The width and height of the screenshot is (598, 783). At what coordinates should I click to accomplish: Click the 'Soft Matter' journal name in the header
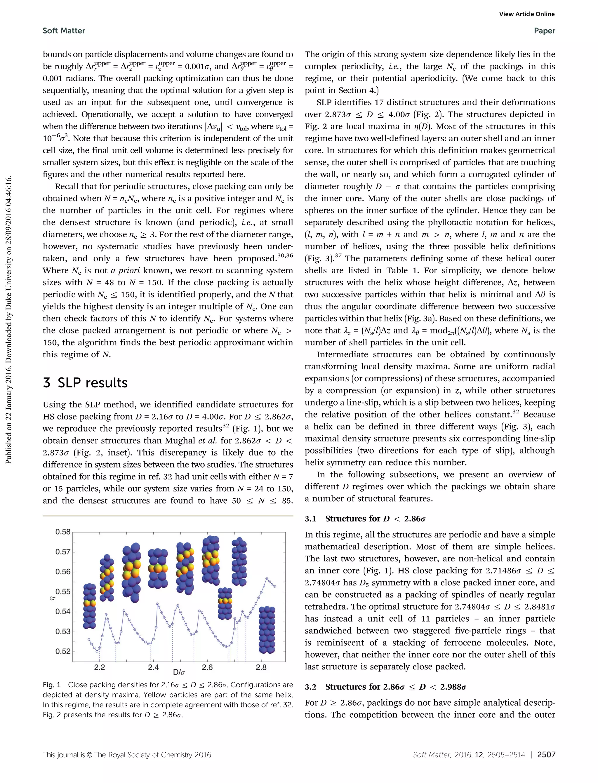point(64,31)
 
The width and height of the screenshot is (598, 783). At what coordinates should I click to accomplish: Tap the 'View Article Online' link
point(526,14)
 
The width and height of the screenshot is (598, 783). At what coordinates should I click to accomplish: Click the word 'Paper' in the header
point(544,31)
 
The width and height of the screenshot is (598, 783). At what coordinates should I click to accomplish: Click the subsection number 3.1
point(310,518)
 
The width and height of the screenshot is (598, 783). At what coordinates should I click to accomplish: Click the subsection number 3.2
point(310,687)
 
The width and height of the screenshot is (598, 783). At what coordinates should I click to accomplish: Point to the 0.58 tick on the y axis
point(63,532)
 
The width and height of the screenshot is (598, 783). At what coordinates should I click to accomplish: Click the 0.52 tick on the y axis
point(63,651)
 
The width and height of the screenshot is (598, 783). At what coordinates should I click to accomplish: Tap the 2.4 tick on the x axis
point(153,667)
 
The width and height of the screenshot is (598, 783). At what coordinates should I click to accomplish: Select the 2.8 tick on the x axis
point(261,667)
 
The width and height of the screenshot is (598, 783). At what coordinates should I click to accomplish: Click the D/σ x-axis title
point(179,672)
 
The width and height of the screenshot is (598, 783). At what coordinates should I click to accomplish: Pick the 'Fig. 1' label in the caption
point(52,685)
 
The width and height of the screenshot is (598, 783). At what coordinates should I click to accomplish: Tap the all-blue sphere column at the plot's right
point(267,630)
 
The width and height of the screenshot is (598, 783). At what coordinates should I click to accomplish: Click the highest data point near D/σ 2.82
point(267,578)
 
